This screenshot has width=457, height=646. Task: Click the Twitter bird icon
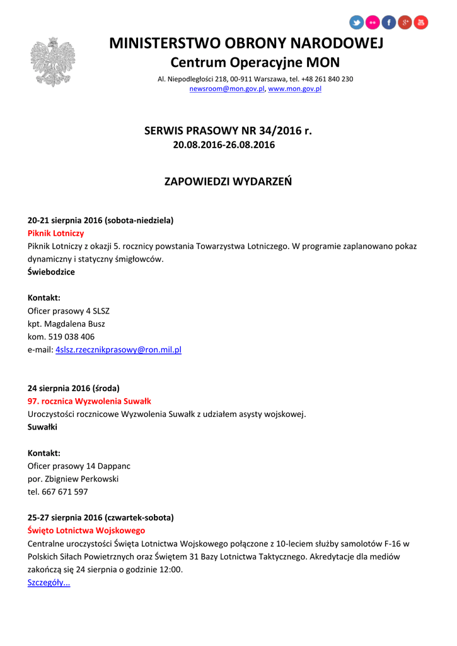click(x=357, y=23)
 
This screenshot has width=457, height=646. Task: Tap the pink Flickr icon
click(x=373, y=23)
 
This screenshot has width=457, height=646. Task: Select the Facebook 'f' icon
click(x=389, y=23)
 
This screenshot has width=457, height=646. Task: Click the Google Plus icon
click(x=405, y=23)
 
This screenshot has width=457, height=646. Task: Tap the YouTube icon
click(x=421, y=23)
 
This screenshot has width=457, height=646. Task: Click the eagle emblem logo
click(x=52, y=62)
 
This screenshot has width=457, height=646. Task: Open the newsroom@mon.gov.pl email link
click(x=227, y=89)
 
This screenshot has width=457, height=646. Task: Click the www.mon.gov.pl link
click(x=295, y=89)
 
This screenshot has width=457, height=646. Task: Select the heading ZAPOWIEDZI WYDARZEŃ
click(x=228, y=182)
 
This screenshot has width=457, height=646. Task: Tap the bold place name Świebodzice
click(x=51, y=272)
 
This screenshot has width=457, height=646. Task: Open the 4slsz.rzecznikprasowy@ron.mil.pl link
click(x=119, y=349)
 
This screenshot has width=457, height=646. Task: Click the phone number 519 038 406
click(x=71, y=337)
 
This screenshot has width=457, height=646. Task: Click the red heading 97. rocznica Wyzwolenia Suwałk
click(x=90, y=401)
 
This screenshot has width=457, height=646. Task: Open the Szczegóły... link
click(x=49, y=582)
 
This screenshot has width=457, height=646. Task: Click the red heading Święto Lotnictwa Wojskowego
click(x=86, y=531)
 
